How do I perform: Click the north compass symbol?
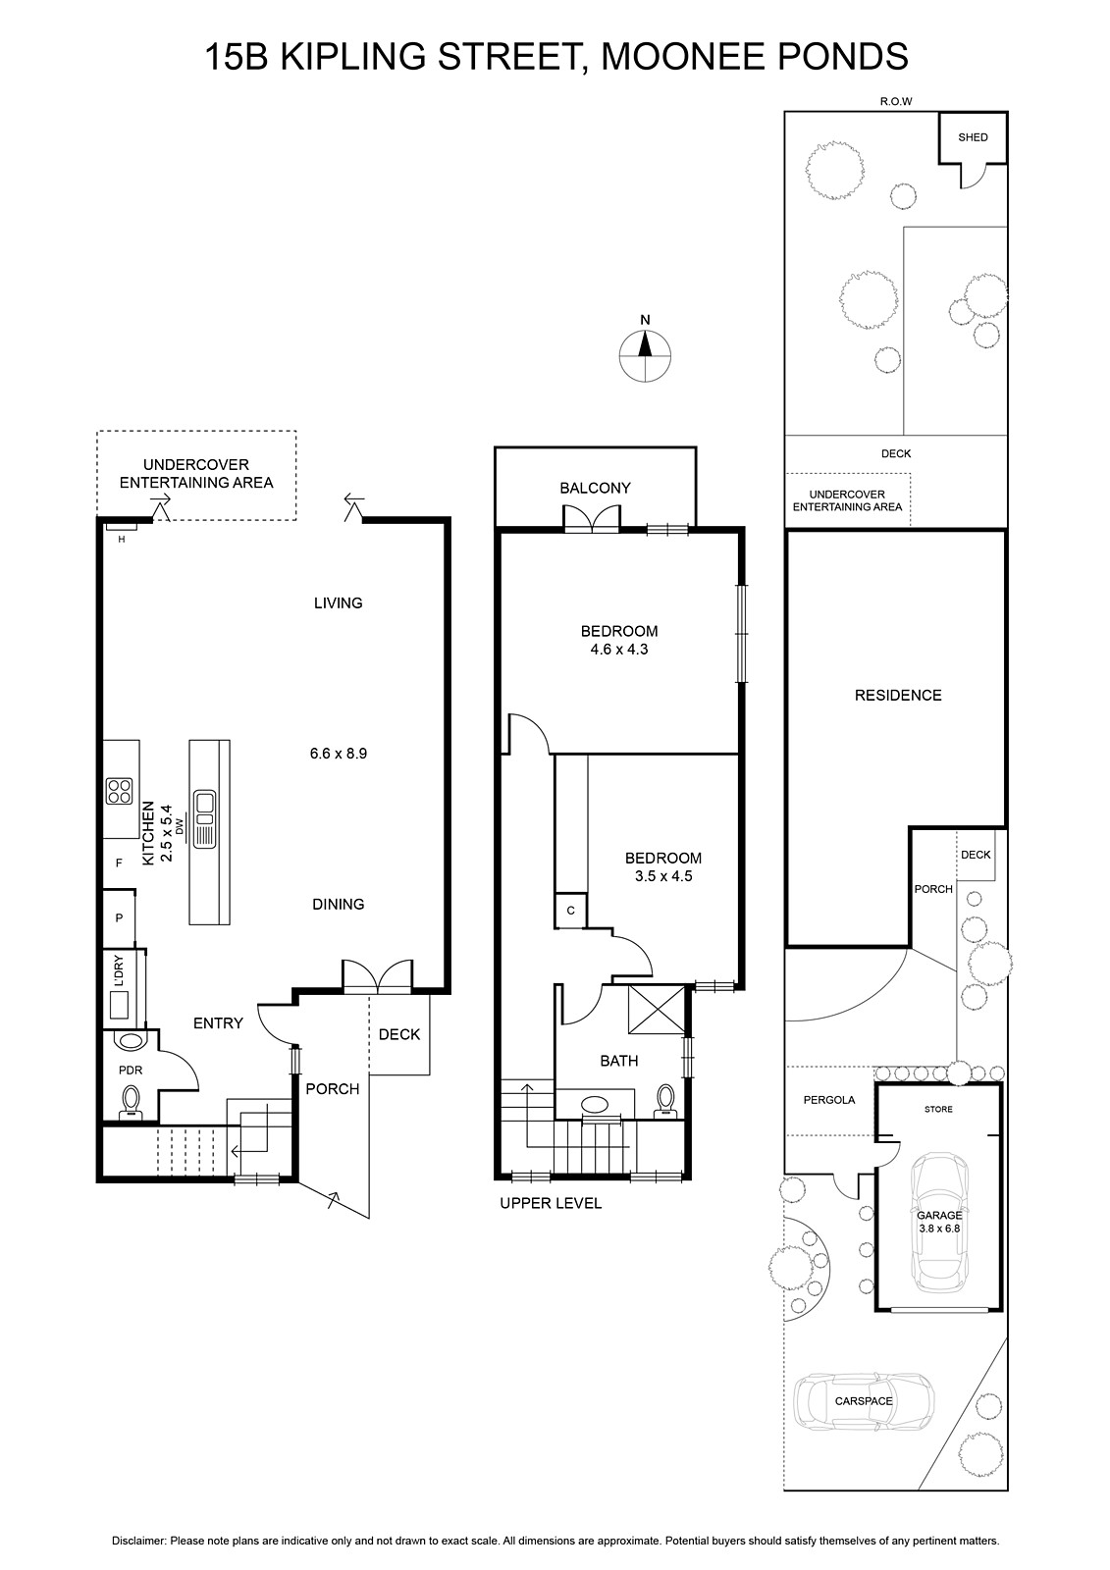[x=645, y=355]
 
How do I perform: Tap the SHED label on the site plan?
[x=973, y=137]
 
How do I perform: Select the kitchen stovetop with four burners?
[x=119, y=791]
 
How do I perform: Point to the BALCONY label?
[x=595, y=488]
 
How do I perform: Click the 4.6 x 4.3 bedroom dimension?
[x=619, y=649]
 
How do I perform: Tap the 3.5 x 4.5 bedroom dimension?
[x=662, y=875]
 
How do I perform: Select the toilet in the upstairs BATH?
[x=664, y=1101]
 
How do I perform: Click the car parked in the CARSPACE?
[x=864, y=1401]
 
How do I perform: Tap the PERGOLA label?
[x=828, y=1100]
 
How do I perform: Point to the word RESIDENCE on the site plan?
[x=898, y=696]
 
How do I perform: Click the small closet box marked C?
[x=571, y=911]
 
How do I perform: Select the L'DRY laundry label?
[x=119, y=969]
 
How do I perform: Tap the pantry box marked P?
[x=119, y=917]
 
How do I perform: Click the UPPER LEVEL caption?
[x=551, y=1203]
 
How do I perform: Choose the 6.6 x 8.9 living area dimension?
[x=338, y=754]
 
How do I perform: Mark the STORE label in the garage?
[x=938, y=1109]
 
